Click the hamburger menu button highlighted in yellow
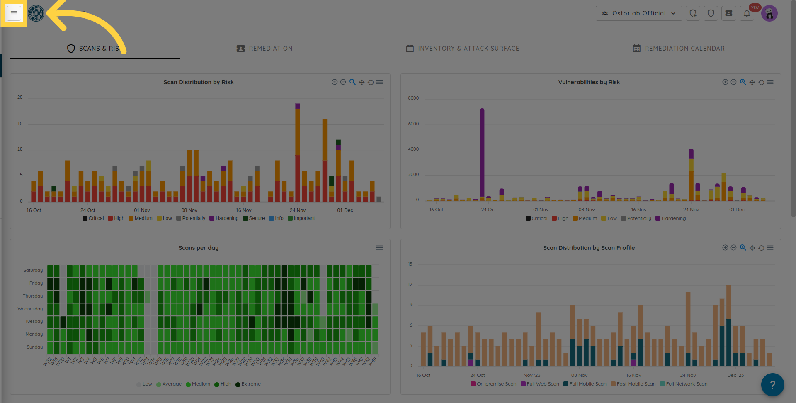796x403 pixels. (14, 13)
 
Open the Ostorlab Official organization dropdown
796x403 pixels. (638, 13)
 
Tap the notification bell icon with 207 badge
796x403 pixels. (747, 13)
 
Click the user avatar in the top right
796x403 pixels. (769, 13)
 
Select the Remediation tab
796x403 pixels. (265, 49)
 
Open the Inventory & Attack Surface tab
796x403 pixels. (462, 49)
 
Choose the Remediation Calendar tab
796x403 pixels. (679, 49)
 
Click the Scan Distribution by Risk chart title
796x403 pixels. (198, 82)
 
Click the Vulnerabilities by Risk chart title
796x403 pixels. (589, 82)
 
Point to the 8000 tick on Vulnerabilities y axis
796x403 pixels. (413, 98)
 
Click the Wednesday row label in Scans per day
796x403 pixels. (30, 309)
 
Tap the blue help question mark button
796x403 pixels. (772, 385)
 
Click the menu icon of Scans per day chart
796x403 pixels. (379, 248)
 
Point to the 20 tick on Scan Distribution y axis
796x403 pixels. (20, 97)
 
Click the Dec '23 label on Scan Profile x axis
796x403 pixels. (735, 375)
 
